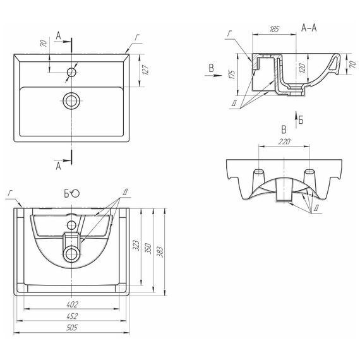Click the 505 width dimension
point(71,327)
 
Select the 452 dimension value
point(72,316)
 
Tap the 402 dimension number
point(72,304)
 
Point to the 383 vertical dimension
point(160,251)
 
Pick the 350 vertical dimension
point(148,248)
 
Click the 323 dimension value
point(136,245)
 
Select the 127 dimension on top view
point(145,70)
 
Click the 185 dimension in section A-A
point(274,29)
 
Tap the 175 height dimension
point(232,75)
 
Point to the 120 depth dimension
point(303,68)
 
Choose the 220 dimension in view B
point(284,141)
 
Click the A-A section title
point(309,28)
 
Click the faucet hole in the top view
point(71,72)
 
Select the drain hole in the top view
point(71,101)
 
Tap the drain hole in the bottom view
point(71,254)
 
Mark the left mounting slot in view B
point(259,172)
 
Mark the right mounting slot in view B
point(309,172)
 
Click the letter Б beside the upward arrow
point(301,120)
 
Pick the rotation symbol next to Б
point(75,193)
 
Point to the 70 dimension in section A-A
point(352,64)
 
